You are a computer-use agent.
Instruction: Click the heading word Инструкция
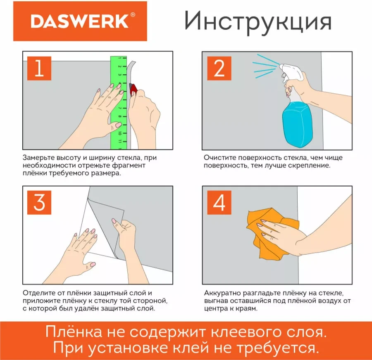(258, 21)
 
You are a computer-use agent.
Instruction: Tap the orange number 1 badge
(39, 68)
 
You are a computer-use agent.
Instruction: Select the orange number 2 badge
(219, 68)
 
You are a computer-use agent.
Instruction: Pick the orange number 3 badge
(39, 202)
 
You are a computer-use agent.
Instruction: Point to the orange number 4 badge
(219, 202)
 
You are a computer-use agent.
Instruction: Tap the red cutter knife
(133, 89)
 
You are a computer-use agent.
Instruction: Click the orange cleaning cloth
(265, 233)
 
